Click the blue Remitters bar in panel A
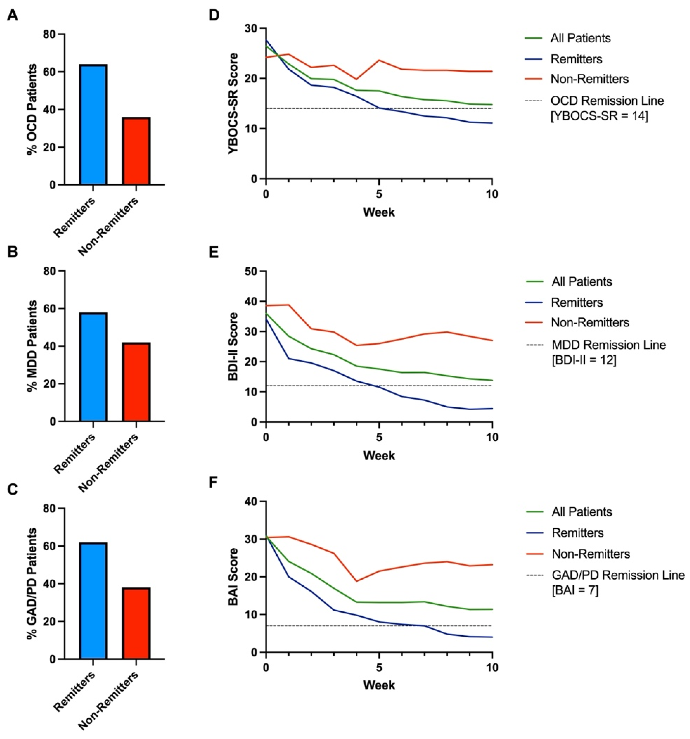pos(93,125)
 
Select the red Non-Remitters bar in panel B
pos(136,382)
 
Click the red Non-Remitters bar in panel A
pos(136,151)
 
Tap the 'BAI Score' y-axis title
pos(233,577)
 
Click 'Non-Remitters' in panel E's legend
pos(590,322)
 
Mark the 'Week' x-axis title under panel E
pos(379,455)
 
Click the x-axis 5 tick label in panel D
pos(379,194)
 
